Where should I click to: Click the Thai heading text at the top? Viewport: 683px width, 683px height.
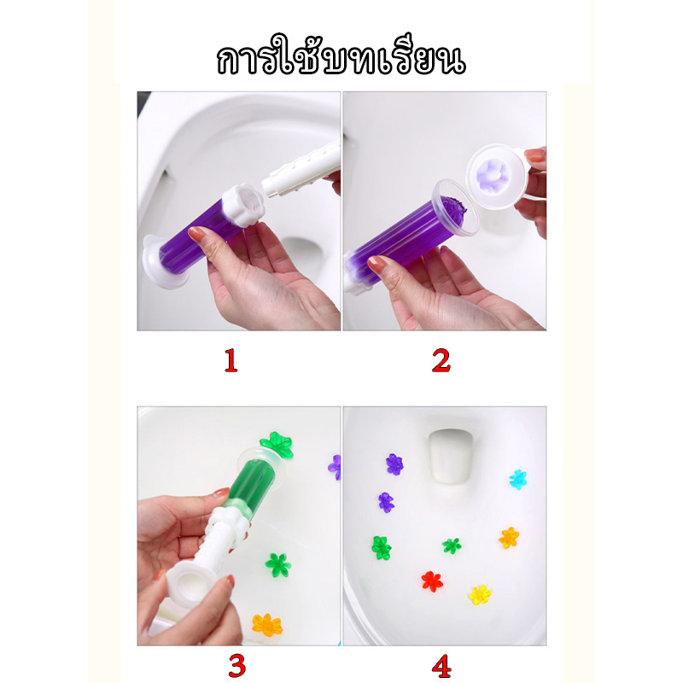[341, 57]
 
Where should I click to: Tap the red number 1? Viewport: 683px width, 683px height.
[231, 360]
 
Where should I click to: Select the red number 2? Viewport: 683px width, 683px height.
[441, 360]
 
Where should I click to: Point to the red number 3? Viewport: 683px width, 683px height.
[237, 666]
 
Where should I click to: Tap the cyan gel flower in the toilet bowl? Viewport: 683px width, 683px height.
[518, 479]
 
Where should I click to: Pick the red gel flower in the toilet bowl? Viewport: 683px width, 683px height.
[432, 581]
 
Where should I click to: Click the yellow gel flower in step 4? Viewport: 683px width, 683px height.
[480, 594]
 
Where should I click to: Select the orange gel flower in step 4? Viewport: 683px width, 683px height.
[509, 538]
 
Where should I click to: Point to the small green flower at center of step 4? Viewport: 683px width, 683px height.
[452, 546]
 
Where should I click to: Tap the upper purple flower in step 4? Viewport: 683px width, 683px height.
[394, 464]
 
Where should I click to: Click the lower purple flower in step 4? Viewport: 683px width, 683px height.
[386, 502]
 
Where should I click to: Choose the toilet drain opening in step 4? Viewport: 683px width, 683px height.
[450, 456]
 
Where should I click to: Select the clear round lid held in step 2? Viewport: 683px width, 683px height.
[500, 177]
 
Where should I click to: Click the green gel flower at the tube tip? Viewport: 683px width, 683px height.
[276, 444]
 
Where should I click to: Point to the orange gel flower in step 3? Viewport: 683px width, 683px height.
[267, 625]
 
